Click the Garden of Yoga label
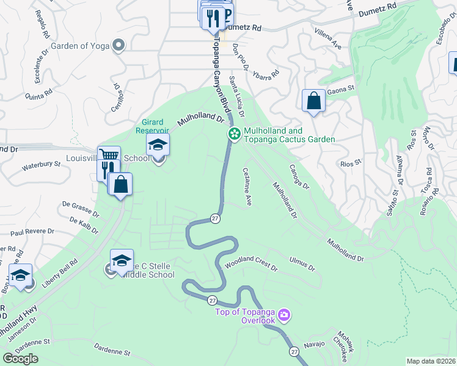[81, 45]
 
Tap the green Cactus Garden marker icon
[233, 135]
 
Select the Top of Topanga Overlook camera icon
[283, 315]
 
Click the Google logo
[20, 359]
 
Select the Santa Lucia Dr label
[236, 96]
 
